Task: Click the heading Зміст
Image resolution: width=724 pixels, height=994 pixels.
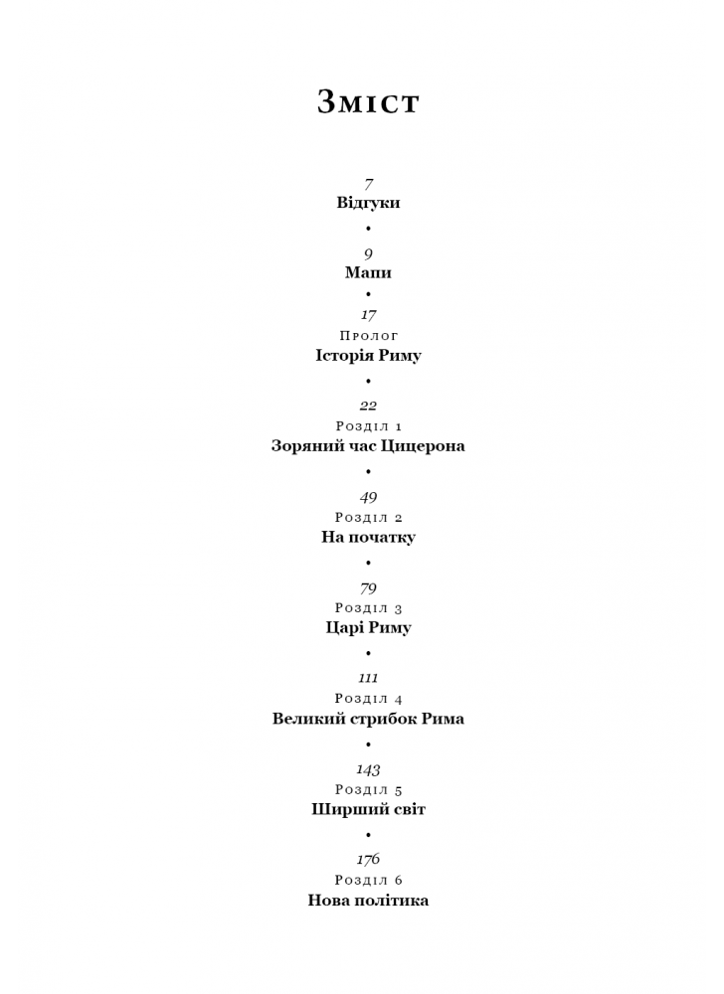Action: point(368,101)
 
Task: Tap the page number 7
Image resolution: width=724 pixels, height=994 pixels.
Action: point(368,185)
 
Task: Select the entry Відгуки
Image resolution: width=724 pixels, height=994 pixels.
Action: point(368,203)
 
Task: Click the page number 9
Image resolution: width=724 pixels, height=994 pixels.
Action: point(368,254)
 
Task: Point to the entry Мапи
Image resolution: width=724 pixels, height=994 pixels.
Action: point(368,272)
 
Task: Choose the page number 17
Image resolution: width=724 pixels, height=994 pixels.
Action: point(368,315)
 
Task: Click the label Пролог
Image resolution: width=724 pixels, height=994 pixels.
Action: point(369,335)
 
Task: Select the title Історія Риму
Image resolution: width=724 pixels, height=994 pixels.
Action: point(368,355)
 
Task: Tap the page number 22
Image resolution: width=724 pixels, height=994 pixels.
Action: point(368,406)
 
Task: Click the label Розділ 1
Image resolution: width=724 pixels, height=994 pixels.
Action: point(369,426)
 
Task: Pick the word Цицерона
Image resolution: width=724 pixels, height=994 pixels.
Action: point(423,446)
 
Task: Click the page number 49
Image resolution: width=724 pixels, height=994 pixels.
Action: point(368,498)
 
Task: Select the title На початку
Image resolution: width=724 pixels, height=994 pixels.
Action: point(368,537)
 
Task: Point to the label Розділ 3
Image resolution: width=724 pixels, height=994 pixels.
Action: point(369,608)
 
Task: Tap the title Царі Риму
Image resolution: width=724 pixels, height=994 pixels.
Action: point(368,627)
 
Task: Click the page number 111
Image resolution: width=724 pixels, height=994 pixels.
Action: point(368,678)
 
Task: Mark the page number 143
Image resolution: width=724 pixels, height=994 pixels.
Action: point(368,769)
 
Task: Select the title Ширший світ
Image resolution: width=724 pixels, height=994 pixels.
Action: point(368,809)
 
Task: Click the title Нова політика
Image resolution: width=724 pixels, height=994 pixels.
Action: point(368,901)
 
